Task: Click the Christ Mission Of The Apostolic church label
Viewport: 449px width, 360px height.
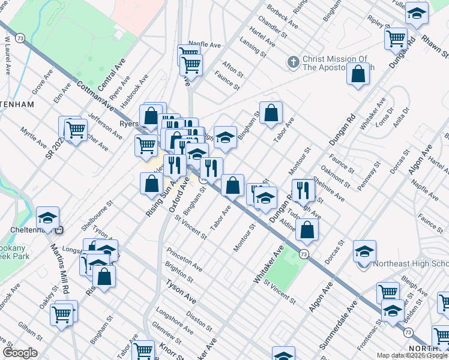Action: click(335, 63)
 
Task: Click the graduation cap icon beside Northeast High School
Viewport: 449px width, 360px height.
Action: click(364, 252)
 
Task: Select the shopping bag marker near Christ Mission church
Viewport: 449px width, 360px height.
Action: click(358, 74)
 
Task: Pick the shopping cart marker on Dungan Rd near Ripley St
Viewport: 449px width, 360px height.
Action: click(396, 39)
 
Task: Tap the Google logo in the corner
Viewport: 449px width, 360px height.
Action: click(20, 353)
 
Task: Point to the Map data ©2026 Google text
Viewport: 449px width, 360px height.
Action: click(412, 355)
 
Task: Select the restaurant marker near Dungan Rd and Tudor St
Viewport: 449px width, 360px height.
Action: click(303, 190)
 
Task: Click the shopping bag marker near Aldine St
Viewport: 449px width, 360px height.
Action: click(307, 229)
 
